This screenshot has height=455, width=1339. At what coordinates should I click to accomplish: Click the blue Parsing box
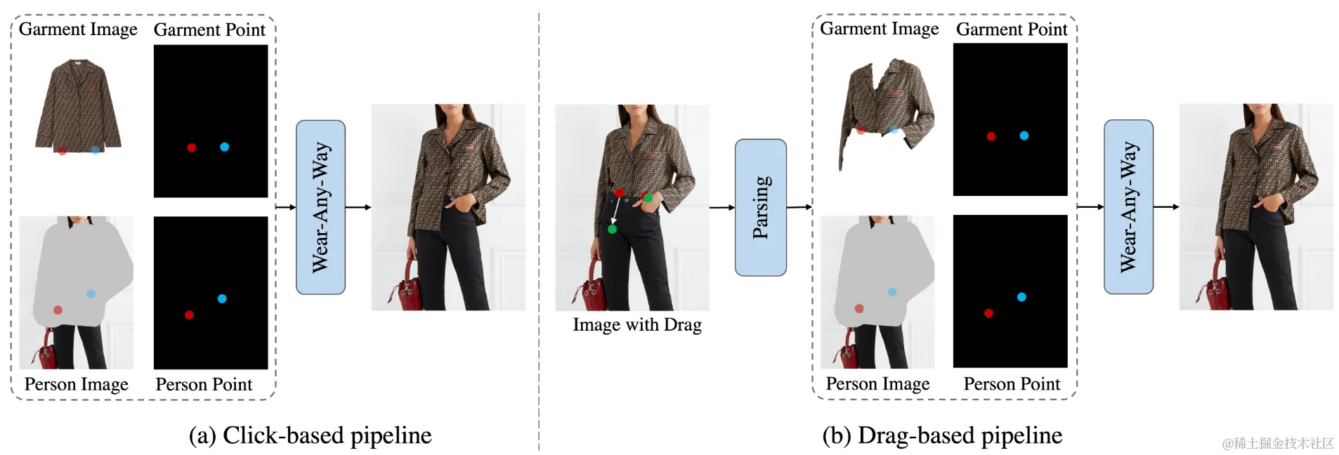pyautogui.click(x=760, y=207)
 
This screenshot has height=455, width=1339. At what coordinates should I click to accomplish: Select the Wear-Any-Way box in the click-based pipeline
pyautogui.click(x=320, y=207)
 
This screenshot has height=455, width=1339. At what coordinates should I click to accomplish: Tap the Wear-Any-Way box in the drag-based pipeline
pyautogui.click(x=1128, y=207)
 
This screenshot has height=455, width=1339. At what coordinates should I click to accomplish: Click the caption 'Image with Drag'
pyautogui.click(x=637, y=325)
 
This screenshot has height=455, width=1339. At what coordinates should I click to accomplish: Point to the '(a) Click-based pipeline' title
pyautogui.click(x=310, y=435)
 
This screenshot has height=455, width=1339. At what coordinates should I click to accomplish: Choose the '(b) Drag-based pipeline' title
pyautogui.click(x=942, y=435)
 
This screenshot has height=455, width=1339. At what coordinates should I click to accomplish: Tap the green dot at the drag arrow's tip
pyautogui.click(x=613, y=230)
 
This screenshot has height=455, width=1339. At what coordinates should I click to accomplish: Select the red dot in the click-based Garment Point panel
pyautogui.click(x=192, y=147)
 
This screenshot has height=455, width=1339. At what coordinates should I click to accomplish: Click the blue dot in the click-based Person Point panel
pyautogui.click(x=222, y=298)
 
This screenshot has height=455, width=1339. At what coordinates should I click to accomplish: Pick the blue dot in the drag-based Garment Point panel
pyautogui.click(x=1024, y=136)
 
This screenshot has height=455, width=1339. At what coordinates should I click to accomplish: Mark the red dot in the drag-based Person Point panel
pyautogui.click(x=988, y=313)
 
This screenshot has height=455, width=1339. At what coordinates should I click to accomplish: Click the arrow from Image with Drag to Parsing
pyautogui.click(x=721, y=207)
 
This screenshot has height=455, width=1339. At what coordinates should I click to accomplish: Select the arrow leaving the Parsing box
pyautogui.click(x=799, y=207)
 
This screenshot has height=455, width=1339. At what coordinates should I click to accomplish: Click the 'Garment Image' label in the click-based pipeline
pyautogui.click(x=78, y=29)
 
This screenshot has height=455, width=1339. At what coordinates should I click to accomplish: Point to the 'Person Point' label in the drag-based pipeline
pyautogui.click(x=1012, y=384)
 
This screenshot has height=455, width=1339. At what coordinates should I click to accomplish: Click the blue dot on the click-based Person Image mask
pyautogui.click(x=91, y=294)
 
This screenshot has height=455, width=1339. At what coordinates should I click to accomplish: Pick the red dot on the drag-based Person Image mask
pyautogui.click(x=859, y=308)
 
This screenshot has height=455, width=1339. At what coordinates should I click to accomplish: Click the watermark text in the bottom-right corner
pyautogui.click(x=1278, y=443)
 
